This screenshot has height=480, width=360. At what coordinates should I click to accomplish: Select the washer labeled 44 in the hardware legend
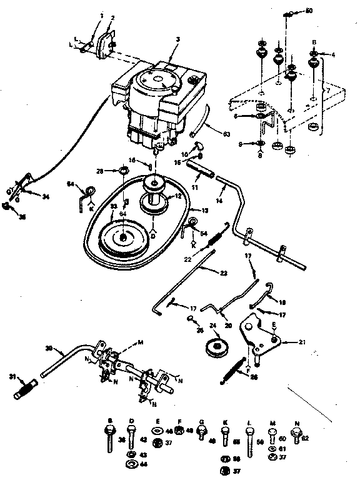131,464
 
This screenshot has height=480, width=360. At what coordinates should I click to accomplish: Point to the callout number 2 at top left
112,17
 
